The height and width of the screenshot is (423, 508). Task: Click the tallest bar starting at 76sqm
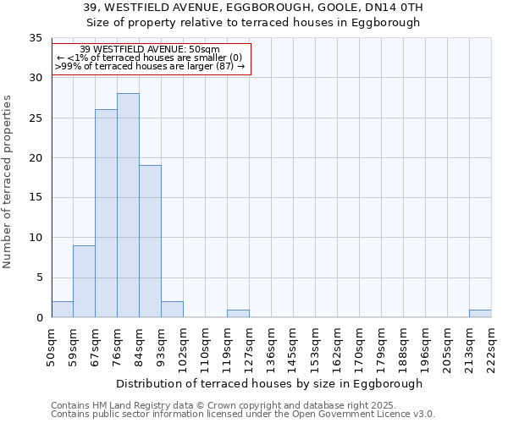(x=128, y=206)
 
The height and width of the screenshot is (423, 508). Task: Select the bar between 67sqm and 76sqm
(x=106, y=213)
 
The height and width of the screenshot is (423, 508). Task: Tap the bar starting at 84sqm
(x=150, y=241)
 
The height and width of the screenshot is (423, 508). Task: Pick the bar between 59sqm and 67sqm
(x=84, y=282)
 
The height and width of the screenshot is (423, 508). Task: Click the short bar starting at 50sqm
(x=62, y=310)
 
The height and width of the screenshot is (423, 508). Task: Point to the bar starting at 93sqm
(x=172, y=310)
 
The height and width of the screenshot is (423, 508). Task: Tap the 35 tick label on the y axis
(x=35, y=38)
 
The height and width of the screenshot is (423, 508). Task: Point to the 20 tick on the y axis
(x=35, y=158)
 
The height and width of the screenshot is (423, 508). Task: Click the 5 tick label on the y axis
(x=38, y=277)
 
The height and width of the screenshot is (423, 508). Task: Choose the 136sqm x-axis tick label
(x=271, y=346)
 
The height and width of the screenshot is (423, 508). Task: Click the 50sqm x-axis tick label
(x=52, y=346)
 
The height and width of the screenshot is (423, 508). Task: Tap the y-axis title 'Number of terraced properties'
(x=8, y=182)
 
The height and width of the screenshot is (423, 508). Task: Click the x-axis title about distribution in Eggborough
(x=270, y=383)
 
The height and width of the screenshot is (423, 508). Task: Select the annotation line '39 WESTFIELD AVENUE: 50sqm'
(x=150, y=49)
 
